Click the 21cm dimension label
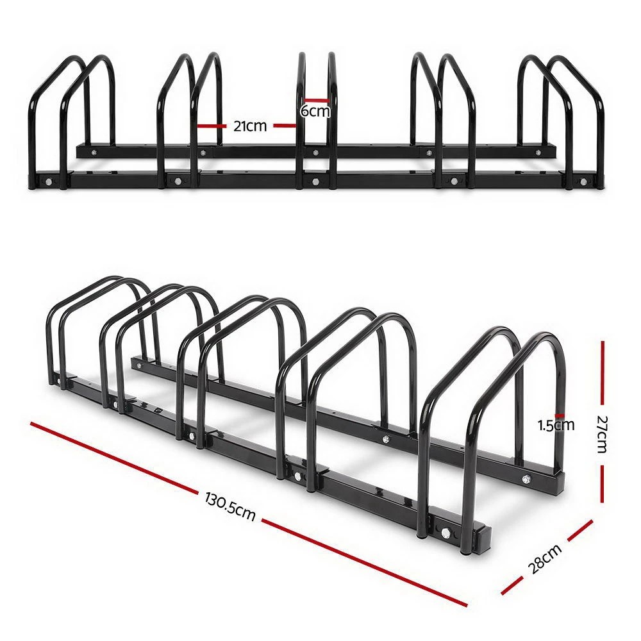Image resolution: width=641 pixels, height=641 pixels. [x=249, y=126]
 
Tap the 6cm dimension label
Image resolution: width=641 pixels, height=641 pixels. [x=315, y=112]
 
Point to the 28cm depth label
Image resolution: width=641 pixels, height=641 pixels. [x=546, y=556]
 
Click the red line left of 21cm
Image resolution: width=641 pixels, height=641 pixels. [x=212, y=126]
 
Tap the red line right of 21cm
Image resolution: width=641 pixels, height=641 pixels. [x=285, y=126]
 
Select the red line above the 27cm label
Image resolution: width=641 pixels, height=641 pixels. [x=603, y=375]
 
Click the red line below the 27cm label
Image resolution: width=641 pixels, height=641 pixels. [x=603, y=485]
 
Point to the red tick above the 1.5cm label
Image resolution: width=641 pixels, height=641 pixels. [x=560, y=415]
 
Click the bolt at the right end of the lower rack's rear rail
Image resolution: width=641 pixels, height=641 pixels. [x=526, y=478]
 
